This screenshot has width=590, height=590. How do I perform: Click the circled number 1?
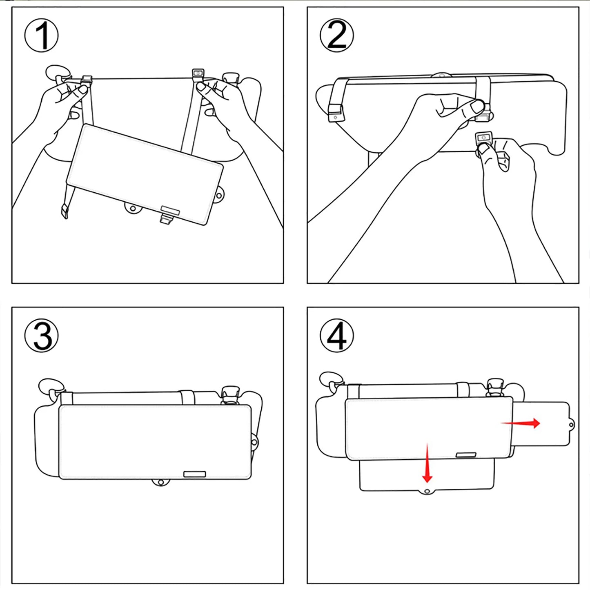point(41,36)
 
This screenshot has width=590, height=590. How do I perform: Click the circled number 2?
point(336,36)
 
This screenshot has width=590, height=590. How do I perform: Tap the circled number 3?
point(41,336)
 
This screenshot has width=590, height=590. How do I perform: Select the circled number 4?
point(336,336)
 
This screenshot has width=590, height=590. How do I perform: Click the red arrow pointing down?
point(427,463)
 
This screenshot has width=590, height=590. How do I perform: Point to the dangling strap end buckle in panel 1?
point(65,212)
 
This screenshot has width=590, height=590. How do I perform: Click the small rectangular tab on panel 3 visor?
point(194,474)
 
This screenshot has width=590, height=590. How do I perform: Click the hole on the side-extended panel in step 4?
point(571,425)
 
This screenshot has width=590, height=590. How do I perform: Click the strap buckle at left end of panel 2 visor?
point(336,113)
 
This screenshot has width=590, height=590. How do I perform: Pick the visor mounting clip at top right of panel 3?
point(229,394)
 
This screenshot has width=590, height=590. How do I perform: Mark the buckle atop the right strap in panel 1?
point(198,73)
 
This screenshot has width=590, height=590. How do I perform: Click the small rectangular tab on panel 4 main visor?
point(466,455)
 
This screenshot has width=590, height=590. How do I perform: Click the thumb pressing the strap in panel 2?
point(476,107)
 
